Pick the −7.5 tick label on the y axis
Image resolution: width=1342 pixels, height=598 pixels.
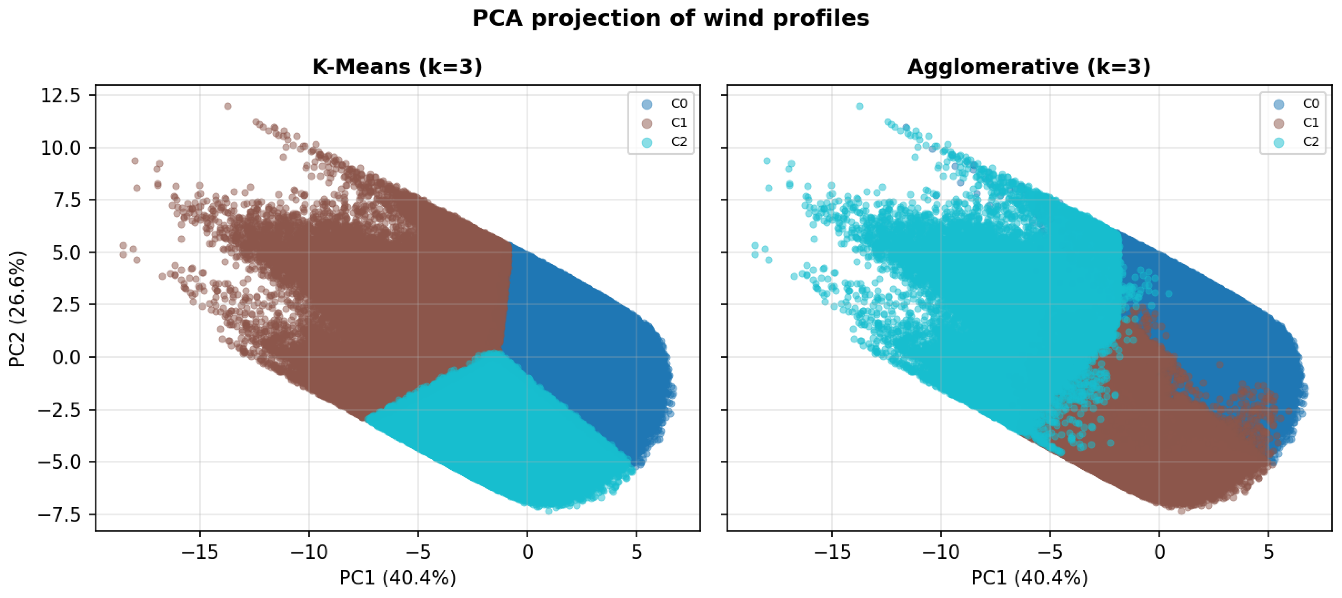point(60,515)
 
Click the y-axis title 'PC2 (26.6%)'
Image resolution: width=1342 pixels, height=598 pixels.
point(17,309)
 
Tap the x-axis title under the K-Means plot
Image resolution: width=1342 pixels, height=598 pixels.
point(397,578)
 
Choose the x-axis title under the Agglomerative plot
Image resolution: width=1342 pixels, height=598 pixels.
point(1030,578)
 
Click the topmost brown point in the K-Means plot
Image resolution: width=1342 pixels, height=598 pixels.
point(228,106)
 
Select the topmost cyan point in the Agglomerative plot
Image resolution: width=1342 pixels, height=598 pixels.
point(860,106)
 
